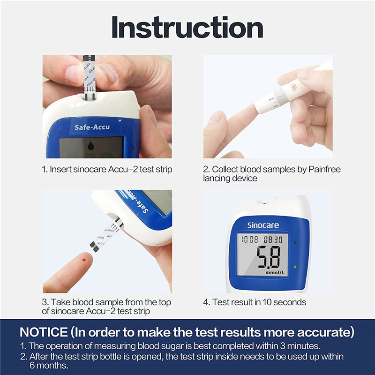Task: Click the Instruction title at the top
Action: [187, 28]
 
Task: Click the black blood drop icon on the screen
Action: [90, 147]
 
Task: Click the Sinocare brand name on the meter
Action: [262, 225]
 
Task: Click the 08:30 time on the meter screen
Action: [272, 239]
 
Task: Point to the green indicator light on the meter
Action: [295, 267]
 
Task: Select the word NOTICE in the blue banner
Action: [44, 332]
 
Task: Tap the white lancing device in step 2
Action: [286, 94]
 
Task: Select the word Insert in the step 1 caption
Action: [61, 169]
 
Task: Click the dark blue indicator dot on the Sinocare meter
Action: [295, 242]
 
